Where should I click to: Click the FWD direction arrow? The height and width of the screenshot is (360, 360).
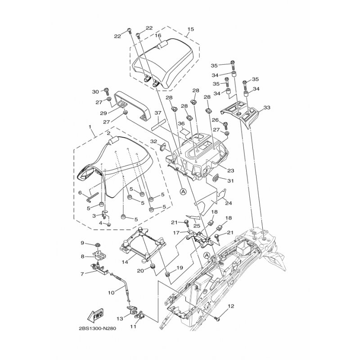coord(96,314)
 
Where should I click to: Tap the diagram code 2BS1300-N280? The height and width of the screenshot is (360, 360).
coord(97,328)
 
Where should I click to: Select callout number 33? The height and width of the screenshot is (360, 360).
coord(267,108)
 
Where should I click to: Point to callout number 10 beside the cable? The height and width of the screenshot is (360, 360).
coord(111,293)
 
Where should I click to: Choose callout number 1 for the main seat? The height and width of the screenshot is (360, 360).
coord(90,127)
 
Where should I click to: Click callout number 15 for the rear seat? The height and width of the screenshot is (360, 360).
coord(190,29)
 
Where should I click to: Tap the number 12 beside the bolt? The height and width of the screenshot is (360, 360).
coord(231,306)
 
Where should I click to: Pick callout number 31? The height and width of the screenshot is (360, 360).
coord(230,181)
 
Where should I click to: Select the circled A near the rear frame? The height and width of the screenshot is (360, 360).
coord(207,255)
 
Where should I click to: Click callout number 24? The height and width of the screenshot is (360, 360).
coord(229,203)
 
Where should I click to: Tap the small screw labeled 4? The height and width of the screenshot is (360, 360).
coord(109,224)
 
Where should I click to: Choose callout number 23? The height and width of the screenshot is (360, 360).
coord(230,171)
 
